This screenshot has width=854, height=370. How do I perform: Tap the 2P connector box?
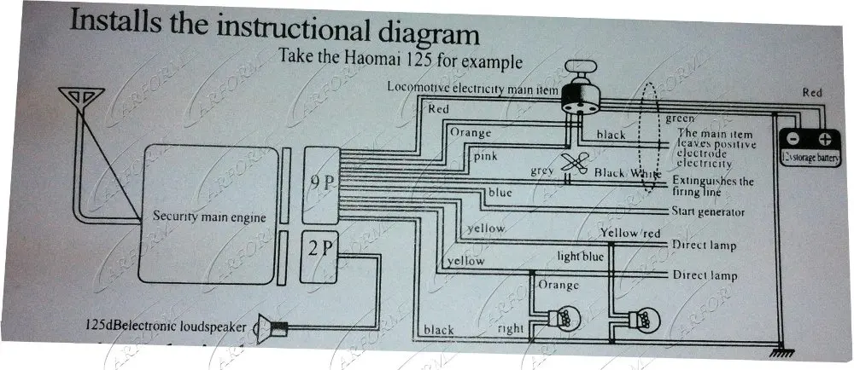pyautogui.click(x=320, y=250)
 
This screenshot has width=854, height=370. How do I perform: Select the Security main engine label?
pyautogui.click(x=208, y=217)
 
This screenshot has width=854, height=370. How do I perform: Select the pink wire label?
pyautogui.click(x=486, y=156)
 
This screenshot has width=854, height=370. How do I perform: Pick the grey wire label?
pyautogui.click(x=542, y=171)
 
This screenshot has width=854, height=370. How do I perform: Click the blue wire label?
pyautogui.click(x=500, y=193)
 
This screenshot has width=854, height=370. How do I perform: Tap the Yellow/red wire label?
pyautogui.click(x=631, y=232)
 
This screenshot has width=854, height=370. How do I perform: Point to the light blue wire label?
pyautogui.click(x=581, y=256)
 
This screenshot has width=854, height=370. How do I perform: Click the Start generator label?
pyautogui.click(x=708, y=212)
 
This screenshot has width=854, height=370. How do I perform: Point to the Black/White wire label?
pyautogui.click(x=628, y=173)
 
